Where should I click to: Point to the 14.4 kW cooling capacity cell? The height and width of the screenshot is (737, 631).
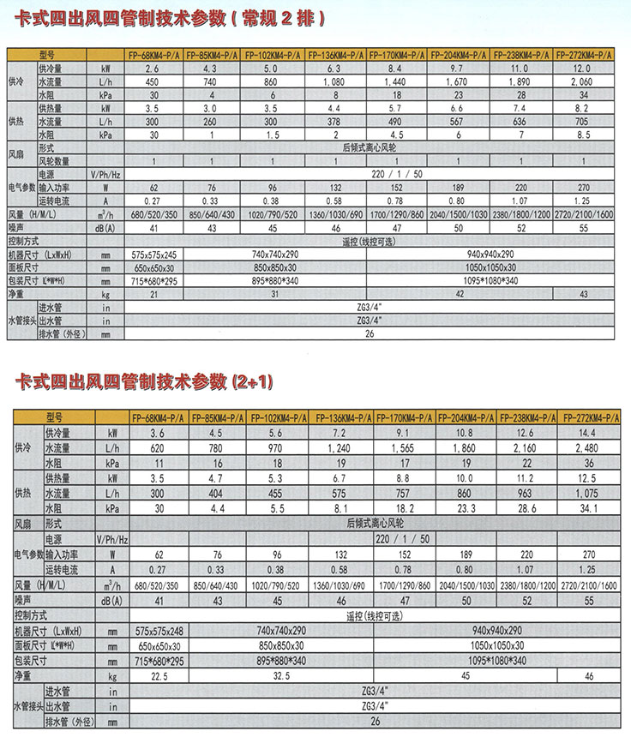point(588,434)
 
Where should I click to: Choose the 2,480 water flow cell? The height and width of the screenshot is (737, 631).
point(588,448)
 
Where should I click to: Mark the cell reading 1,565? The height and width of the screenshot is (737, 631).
point(403,448)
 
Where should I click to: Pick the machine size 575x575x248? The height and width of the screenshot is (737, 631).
point(157,630)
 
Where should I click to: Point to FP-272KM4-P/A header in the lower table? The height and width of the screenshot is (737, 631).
point(588,418)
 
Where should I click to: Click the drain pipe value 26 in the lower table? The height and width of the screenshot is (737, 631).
point(374,722)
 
